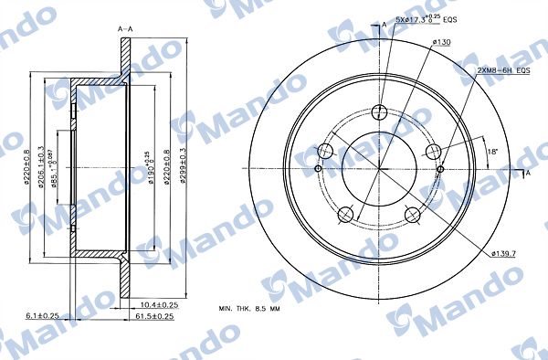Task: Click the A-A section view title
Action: point(126,29)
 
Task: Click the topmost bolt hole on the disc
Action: point(380,112)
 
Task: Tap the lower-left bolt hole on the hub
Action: point(345,215)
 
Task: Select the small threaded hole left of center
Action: point(317,168)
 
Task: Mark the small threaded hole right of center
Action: point(440,168)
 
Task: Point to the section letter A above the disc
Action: point(384,23)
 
